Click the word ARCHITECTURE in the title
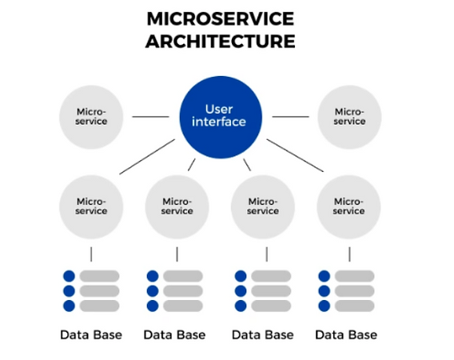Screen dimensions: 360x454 tap(220, 40)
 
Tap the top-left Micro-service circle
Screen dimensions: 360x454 tap(91, 116)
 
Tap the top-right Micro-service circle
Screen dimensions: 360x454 tap(348, 116)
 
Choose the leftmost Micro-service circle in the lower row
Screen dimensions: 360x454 tap(91, 206)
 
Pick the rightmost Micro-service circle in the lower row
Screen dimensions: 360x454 tap(348, 206)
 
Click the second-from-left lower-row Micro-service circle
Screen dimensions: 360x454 tap(177, 206)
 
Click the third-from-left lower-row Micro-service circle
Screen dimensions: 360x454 tap(263, 206)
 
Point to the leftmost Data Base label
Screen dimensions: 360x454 tap(91, 334)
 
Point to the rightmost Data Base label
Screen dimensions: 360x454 tap(346, 334)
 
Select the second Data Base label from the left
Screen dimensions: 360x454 tap(175, 334)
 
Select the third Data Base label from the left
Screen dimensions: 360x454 tap(261, 334)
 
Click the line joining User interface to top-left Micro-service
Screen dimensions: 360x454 tap(149, 117)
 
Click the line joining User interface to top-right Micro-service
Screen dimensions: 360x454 tap(290, 117)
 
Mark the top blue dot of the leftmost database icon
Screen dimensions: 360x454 tap(69, 276)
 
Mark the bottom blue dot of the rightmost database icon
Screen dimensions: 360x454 tap(325, 306)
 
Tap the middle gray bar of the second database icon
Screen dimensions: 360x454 tap(183, 291)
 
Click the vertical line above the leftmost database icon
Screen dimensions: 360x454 tap(91, 254)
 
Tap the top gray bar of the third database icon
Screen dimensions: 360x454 tap(270, 276)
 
